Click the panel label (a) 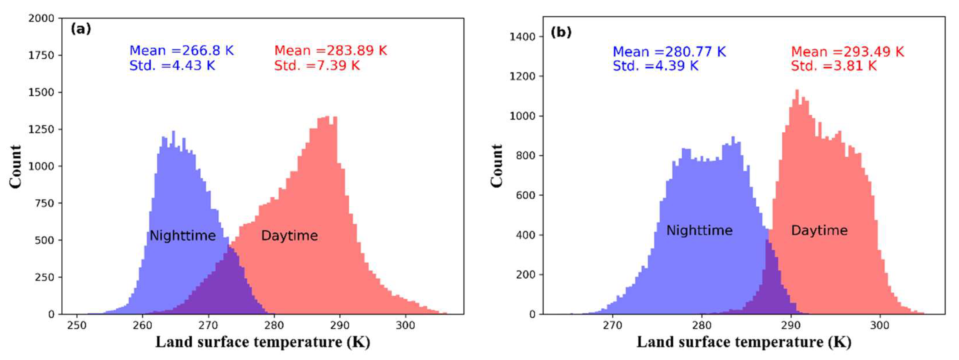tap(80, 29)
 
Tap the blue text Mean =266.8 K tap(181, 51)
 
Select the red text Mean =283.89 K tap(330, 51)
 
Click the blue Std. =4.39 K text tap(655, 66)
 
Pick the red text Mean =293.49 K tap(847, 52)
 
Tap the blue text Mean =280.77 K tap(669, 52)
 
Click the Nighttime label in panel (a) tap(182, 236)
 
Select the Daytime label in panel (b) tap(819, 231)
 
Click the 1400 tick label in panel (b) tap(522, 36)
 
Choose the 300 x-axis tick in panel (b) tap(880, 325)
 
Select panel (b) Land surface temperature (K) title tap(744, 342)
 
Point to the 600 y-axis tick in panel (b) tap(525, 195)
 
